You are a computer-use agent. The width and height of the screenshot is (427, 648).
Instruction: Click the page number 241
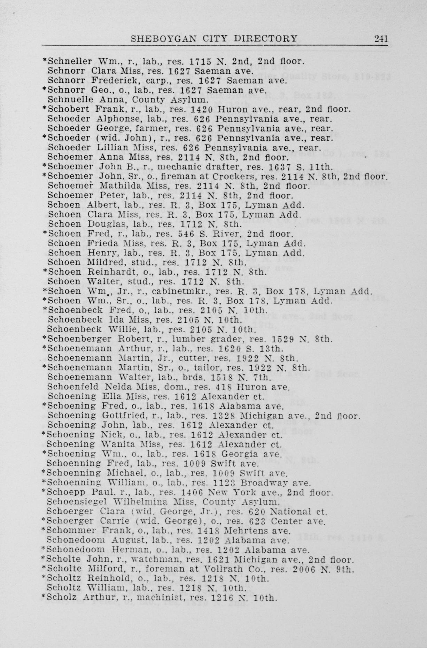click(381, 39)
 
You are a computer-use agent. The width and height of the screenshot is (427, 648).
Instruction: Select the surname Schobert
click(69, 109)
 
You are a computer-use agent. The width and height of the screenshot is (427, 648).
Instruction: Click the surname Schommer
click(72, 531)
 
